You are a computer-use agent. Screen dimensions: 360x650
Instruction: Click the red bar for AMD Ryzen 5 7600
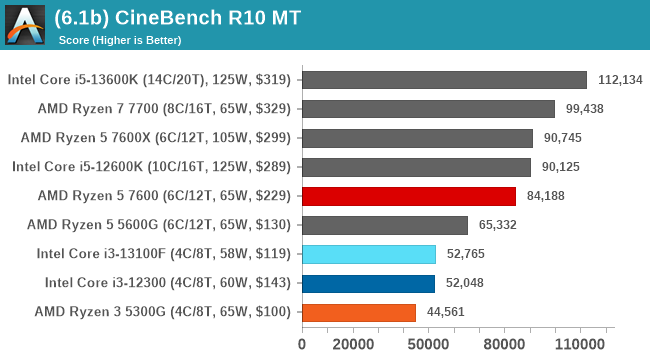[408, 196]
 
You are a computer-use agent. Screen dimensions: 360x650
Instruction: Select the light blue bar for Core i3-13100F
[368, 254]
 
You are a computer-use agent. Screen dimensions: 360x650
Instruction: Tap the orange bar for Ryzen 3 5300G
[358, 312]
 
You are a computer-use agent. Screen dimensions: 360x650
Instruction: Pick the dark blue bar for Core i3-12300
[367, 283]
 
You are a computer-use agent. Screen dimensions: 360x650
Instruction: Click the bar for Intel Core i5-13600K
[443, 80]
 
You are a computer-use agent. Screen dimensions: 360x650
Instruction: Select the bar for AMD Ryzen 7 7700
[427, 109]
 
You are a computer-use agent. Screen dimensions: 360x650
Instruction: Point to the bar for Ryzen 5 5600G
[384, 225]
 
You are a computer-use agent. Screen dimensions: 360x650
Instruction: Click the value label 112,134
[619, 80]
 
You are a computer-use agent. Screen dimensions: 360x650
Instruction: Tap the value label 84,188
[547, 196]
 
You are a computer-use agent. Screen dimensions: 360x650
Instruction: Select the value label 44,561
[447, 312]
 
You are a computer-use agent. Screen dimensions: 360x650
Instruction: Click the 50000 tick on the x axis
[429, 345]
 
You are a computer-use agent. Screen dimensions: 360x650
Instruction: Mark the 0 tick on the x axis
[302, 345]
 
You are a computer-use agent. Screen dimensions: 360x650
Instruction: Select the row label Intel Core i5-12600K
[151, 167]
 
